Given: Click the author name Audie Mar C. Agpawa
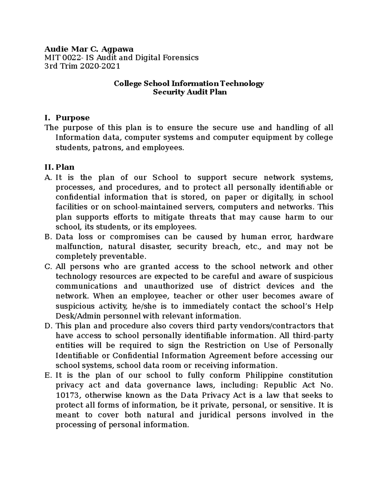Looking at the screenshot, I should pos(89,49).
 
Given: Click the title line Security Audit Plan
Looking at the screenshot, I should pos(190,92).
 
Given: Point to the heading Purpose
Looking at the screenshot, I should pos(72,118).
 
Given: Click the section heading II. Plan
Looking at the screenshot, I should pos(60,167).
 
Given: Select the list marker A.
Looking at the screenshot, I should pos(48,177).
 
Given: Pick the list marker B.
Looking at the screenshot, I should pos(48,237).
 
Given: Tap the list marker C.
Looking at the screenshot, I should pos(48,266).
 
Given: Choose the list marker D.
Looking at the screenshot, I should pos(48,326).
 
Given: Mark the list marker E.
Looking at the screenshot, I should pos(48,375).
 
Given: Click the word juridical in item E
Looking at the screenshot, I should pos(215,415).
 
